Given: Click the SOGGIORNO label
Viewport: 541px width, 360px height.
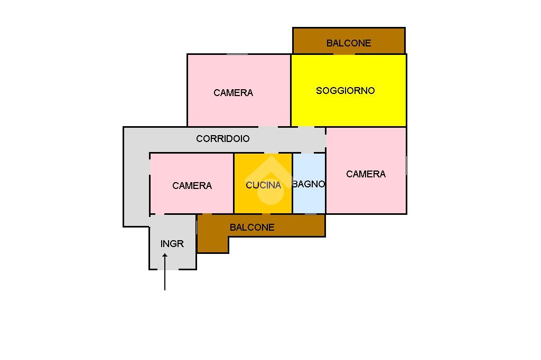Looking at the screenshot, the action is (346, 91).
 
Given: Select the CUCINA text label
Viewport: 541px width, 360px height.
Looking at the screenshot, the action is (263, 185).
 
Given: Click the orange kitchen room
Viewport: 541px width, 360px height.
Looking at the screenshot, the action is (263, 201).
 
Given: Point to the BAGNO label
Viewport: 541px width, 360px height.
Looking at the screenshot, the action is (309, 184).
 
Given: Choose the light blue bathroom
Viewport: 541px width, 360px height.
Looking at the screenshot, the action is (309, 201).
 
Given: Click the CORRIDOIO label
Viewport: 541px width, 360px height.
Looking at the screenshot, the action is (222, 139).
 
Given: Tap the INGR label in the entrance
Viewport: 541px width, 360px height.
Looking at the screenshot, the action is (172, 244).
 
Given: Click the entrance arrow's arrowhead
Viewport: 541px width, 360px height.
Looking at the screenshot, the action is (165, 256).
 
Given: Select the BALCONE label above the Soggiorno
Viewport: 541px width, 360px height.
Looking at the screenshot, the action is (349, 43).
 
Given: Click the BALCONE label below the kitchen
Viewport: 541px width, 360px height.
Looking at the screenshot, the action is (252, 228).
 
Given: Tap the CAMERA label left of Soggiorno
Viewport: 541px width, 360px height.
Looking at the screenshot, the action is (233, 93).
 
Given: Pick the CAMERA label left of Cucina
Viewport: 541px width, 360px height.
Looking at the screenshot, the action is (192, 186).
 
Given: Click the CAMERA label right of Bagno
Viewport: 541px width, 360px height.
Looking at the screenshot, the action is (366, 174).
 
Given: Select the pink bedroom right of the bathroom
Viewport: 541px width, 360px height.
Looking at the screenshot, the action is (366, 195).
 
